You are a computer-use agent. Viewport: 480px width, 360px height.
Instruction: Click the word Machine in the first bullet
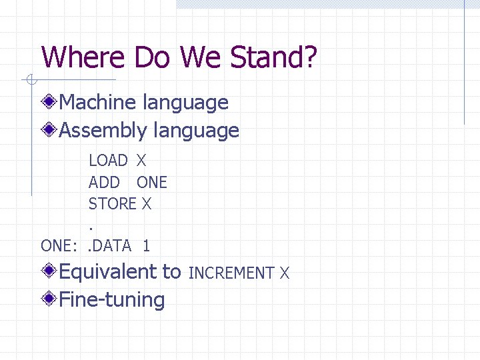tap(99, 103)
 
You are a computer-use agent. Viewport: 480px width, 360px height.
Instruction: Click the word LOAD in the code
tap(108, 161)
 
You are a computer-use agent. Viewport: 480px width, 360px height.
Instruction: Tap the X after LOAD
tap(141, 161)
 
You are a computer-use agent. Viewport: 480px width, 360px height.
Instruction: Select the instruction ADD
tap(104, 183)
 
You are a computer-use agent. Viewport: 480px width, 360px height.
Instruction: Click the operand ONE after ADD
tap(152, 183)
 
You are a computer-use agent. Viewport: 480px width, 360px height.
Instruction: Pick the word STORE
tap(112, 204)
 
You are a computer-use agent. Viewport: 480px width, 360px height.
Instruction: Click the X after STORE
tap(147, 204)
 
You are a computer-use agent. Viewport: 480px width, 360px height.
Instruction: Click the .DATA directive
tap(110, 245)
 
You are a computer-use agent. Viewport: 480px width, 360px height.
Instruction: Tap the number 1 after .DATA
tap(146, 245)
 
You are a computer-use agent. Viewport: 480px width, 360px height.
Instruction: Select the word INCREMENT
tap(232, 273)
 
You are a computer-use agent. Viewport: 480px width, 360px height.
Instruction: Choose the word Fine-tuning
tap(112, 299)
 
